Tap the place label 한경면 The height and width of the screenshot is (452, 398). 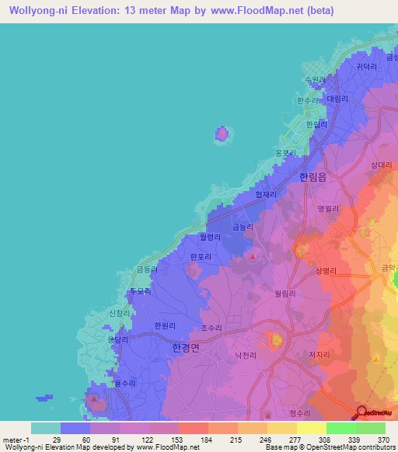[x=185, y=349]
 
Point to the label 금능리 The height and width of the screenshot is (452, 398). [x=243, y=228]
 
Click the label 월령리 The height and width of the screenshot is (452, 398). [x=210, y=238]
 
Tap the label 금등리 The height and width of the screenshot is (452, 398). [x=147, y=269]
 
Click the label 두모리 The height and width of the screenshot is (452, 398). [x=138, y=291]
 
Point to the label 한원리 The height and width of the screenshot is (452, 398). [x=166, y=326]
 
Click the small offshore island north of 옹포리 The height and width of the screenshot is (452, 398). [x=222, y=134]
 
